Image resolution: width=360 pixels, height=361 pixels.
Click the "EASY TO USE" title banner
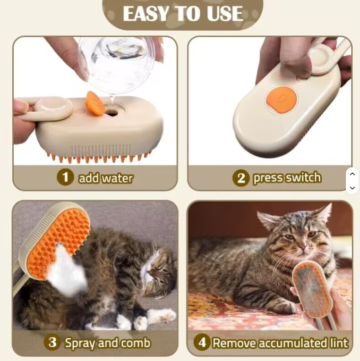(x=182, y=14)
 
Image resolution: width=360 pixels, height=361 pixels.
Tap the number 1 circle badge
(x=65, y=177)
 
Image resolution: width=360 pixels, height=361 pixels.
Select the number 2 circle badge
(x=240, y=178)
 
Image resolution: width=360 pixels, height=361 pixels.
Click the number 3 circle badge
(x=52, y=343)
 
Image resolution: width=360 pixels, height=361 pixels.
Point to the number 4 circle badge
(x=202, y=343)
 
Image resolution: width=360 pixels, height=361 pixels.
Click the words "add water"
(x=106, y=178)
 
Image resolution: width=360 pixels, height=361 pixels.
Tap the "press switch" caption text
(x=287, y=178)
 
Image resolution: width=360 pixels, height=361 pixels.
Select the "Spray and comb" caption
(x=107, y=343)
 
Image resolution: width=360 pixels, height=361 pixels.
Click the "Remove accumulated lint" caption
(x=280, y=343)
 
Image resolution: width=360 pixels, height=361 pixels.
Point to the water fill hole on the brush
(x=112, y=113)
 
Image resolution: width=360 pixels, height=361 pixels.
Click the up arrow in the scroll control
(x=352, y=174)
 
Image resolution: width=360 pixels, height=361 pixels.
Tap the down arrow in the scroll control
(x=352, y=188)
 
